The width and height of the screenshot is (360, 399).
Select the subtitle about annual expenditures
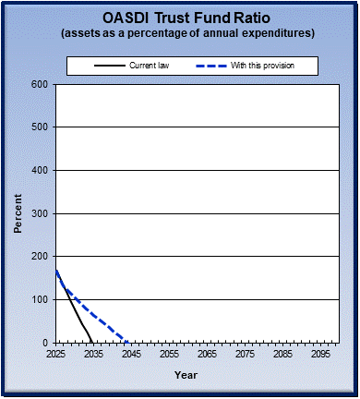click(186, 33)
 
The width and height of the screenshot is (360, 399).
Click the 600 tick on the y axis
click(40, 84)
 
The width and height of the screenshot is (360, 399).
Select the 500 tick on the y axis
click(40, 127)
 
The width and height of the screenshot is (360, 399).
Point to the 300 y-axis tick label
click(40, 213)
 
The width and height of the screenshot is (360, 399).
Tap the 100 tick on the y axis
click(40, 299)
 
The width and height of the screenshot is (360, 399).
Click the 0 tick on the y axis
click(45, 343)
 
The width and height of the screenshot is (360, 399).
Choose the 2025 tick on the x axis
click(56, 354)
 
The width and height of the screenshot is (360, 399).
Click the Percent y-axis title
click(18, 213)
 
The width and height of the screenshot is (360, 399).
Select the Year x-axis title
click(186, 375)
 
